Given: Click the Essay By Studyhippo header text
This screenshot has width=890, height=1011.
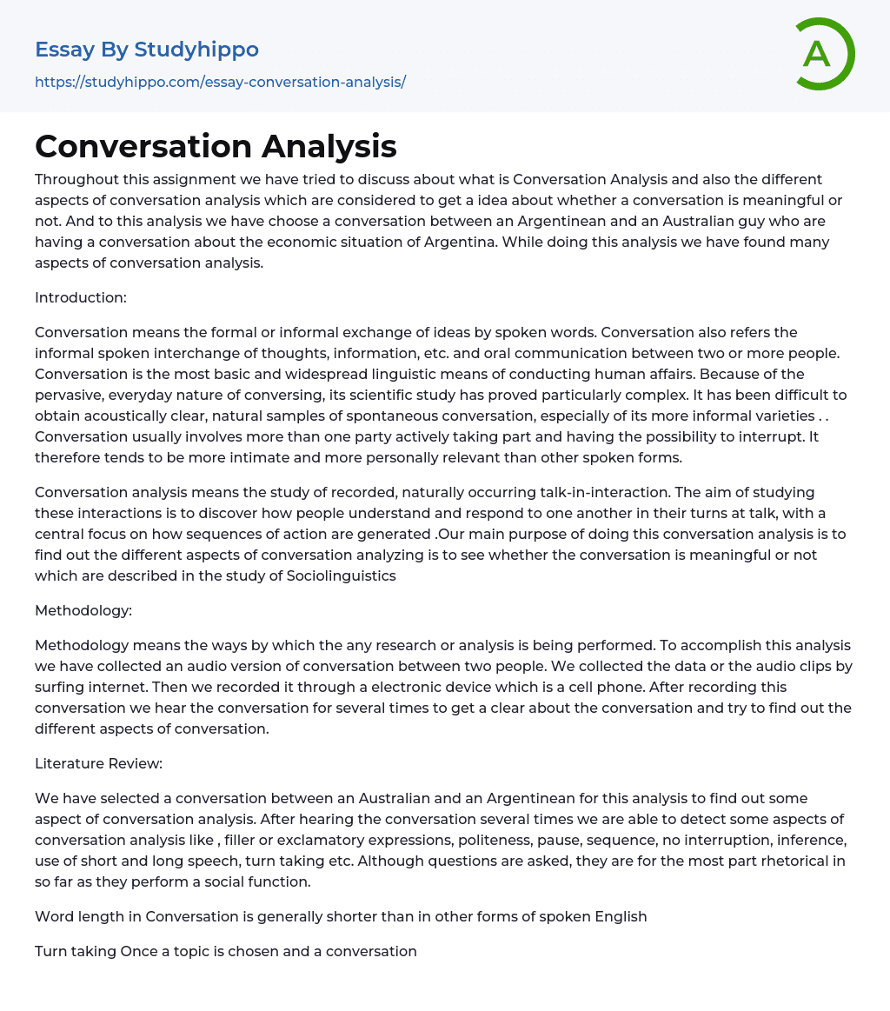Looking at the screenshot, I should [x=147, y=50].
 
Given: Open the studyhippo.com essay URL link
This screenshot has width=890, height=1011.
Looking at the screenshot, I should [x=220, y=82].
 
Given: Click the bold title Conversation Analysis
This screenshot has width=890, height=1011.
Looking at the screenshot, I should [x=216, y=146].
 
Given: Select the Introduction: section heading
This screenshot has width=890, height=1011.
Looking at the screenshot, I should [x=81, y=297].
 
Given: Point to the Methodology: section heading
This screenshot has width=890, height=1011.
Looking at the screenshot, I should [x=83, y=610].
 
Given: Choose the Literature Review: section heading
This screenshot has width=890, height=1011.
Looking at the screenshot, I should [x=99, y=763].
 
